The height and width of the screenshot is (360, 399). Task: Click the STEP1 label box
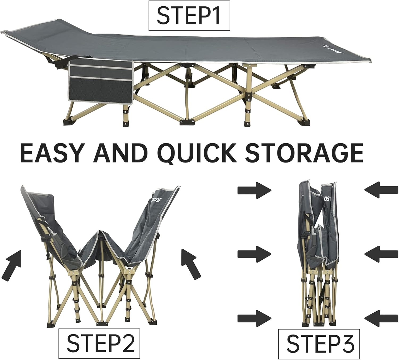pos(189,16)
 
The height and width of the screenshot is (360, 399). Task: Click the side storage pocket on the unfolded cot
pos(101,80)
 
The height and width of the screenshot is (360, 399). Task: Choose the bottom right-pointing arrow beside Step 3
pos(254,318)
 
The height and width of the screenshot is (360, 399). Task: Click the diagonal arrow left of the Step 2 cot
pos(12,263)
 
